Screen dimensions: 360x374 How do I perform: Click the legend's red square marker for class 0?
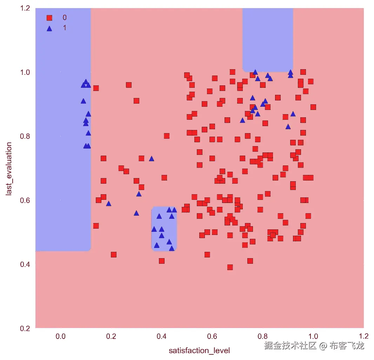[x=49, y=18]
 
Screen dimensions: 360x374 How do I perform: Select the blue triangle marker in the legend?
[x=49, y=28]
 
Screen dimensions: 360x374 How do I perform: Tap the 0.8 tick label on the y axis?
[x=26, y=136]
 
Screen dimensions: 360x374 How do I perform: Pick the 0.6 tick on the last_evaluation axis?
[x=26, y=200]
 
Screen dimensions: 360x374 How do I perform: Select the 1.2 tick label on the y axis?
[x=26, y=8]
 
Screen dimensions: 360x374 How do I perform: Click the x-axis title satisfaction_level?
[x=199, y=351]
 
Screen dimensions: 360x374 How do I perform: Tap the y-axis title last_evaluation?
[x=9, y=168]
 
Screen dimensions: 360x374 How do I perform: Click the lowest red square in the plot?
[x=230, y=267]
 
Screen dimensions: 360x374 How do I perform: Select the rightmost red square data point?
[x=313, y=107]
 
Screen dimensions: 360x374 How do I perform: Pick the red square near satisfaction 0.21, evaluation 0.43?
[x=113, y=255]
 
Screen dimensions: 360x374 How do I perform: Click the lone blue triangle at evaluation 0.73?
[x=152, y=158]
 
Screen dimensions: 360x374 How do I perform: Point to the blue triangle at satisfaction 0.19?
[x=108, y=203]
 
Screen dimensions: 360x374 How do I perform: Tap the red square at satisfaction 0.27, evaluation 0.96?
[x=129, y=85]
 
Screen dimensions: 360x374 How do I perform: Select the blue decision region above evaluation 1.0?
[x=268, y=39]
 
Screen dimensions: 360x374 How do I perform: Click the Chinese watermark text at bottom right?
[x=314, y=346]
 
